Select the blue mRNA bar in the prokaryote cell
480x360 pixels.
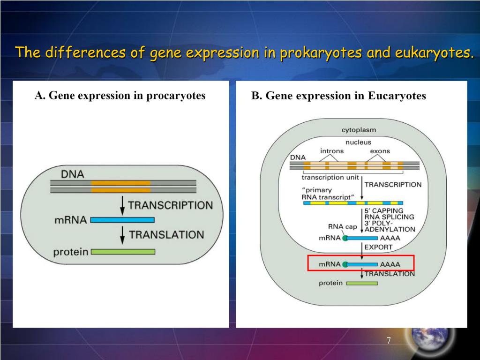click(x=122, y=219)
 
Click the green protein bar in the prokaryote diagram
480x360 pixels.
click(x=123, y=252)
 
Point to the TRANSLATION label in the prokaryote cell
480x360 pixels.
click(x=166, y=234)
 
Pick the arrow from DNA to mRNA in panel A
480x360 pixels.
click(x=122, y=205)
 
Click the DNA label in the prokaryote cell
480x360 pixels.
click(x=73, y=174)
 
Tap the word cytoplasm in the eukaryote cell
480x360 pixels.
click(x=358, y=130)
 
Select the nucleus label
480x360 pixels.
click(x=358, y=142)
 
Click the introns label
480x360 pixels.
click(x=332, y=151)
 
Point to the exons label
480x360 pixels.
click(x=380, y=151)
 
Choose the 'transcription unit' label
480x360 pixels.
click(x=330, y=177)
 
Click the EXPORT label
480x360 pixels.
click(x=378, y=247)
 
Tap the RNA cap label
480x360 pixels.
click(x=343, y=226)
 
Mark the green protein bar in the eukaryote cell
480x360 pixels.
click(x=362, y=283)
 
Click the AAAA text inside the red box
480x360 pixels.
click(x=390, y=264)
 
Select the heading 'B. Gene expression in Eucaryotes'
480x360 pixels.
click(x=338, y=96)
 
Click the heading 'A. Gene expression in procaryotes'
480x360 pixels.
click(x=120, y=96)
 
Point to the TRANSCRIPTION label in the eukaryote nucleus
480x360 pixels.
click(x=393, y=184)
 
